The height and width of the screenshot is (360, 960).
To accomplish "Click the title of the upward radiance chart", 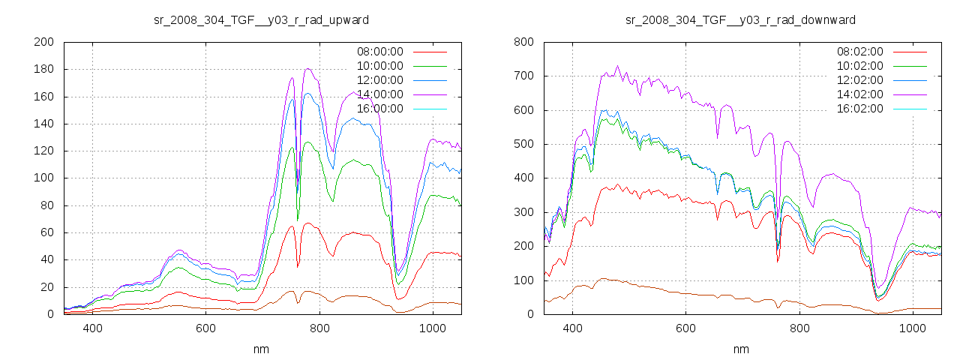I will (x=261, y=19).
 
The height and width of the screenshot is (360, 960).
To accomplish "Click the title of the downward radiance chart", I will (x=741, y=19).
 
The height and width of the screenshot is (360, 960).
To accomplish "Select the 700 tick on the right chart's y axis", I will (x=523, y=76).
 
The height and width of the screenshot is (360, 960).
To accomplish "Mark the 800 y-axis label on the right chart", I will (x=523, y=43).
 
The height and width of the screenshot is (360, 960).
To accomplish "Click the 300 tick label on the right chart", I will (x=523, y=212).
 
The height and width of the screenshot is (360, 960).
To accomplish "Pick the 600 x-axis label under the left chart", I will (x=205, y=328).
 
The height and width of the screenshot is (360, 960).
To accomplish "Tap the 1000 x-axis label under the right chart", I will (x=912, y=328).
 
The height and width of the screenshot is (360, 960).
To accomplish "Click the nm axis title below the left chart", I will (x=262, y=349).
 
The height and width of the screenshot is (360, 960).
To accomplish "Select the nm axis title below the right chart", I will (x=741, y=349).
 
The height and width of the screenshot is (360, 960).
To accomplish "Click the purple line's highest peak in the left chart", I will (x=308, y=69).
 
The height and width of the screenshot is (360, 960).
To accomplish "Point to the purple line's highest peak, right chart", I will (x=618, y=65).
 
